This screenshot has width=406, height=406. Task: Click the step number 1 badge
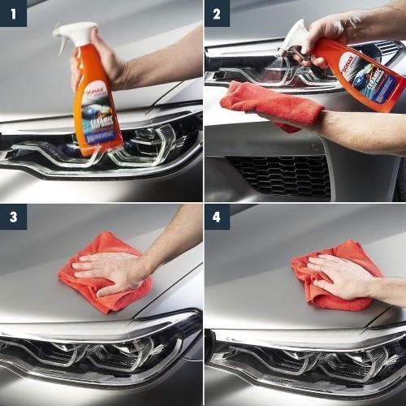click(13, 13)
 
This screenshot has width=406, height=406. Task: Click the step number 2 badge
click(217, 13)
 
